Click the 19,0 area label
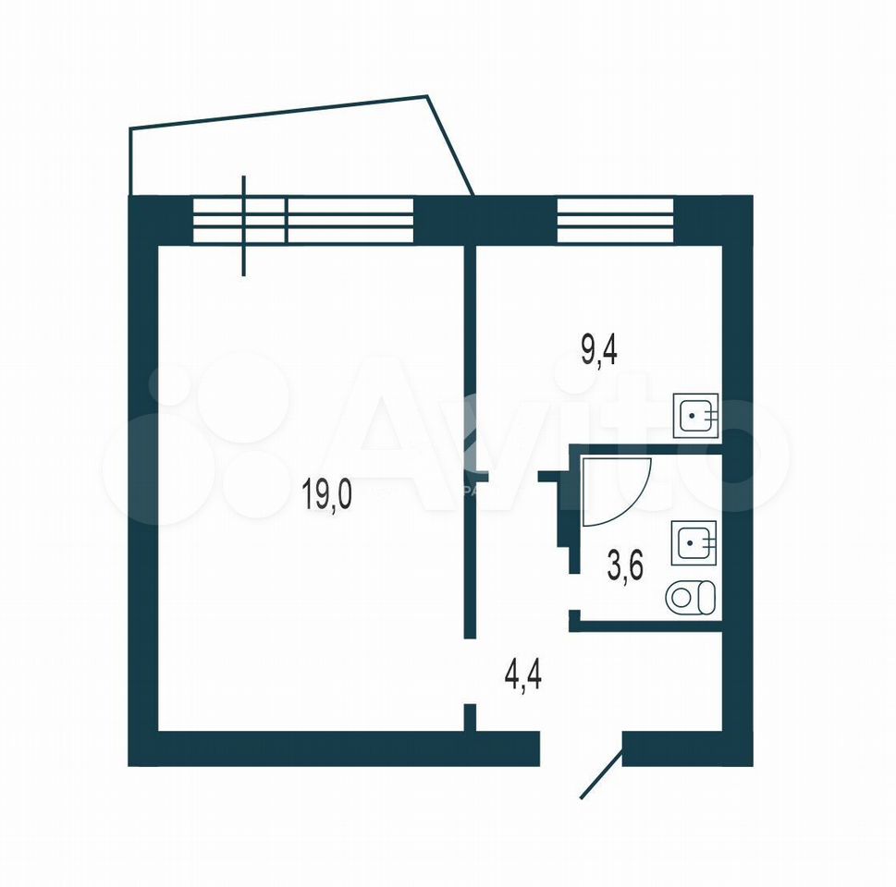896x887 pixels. coord(326,494)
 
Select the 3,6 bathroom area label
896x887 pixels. coord(625,565)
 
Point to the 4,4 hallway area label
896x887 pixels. coord(522,674)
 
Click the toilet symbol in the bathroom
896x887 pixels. coord(691,598)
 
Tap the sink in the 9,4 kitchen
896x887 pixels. coord(695,416)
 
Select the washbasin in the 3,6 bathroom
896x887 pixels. coord(693,542)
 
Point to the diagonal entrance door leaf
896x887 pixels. coord(601,774)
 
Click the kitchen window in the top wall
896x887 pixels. coord(615,220)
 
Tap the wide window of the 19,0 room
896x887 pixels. coord(303,220)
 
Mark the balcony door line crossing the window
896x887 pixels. coord(244,225)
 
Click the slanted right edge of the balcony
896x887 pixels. coord(450,145)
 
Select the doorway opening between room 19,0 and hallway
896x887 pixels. coord(470,671)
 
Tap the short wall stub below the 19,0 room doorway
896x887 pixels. coord(470,717)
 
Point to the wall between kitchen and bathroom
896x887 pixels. coord(646,449)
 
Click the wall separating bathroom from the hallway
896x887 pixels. coord(645,626)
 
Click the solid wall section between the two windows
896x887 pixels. coord(485,220)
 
